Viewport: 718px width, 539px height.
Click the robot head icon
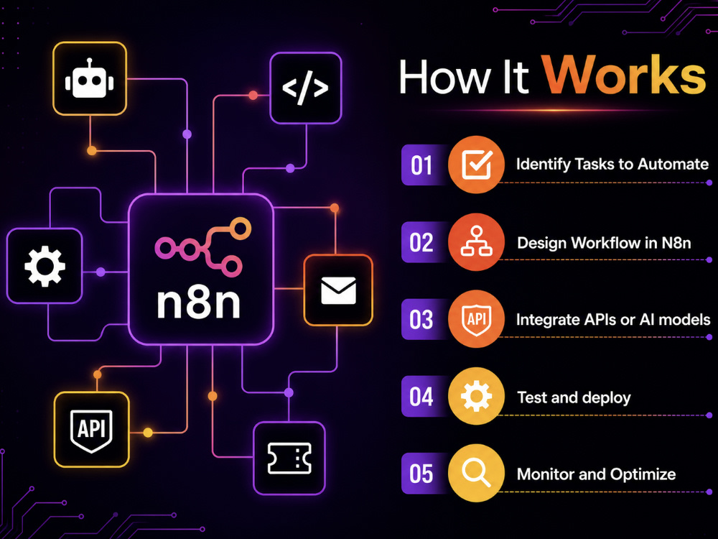[x=90, y=78]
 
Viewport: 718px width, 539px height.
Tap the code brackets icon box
[x=305, y=88]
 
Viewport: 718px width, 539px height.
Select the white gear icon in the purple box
[x=45, y=267]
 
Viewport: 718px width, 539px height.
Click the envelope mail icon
[x=338, y=290]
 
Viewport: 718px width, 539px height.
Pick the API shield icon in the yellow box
[x=92, y=430]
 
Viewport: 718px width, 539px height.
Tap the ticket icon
[x=289, y=459]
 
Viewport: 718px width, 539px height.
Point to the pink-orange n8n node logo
[x=203, y=247]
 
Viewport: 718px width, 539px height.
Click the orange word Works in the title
[x=624, y=75]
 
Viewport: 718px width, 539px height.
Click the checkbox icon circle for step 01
[x=476, y=165]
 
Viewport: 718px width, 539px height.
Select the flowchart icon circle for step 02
[x=476, y=242]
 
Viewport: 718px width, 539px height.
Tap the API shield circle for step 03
[x=476, y=319]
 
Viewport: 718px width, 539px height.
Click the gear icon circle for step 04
[x=476, y=396]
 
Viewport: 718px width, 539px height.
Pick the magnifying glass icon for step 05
[x=476, y=473]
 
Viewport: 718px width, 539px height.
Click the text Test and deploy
[x=574, y=398]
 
